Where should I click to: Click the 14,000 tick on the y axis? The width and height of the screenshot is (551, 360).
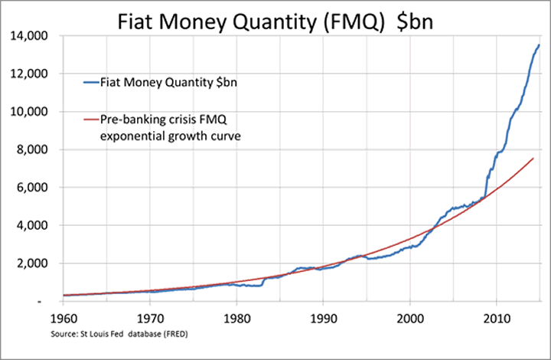coord(31,36)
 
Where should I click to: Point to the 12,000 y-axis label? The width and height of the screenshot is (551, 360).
coord(31,74)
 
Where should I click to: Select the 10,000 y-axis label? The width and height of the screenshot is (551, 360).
coord(31,112)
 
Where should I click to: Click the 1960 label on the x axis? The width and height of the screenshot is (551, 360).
coord(64,316)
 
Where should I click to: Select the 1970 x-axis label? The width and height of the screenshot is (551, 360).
coord(150,316)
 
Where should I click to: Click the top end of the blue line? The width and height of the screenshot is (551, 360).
coord(539,45)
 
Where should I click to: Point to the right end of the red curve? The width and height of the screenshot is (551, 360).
coord(533,159)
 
